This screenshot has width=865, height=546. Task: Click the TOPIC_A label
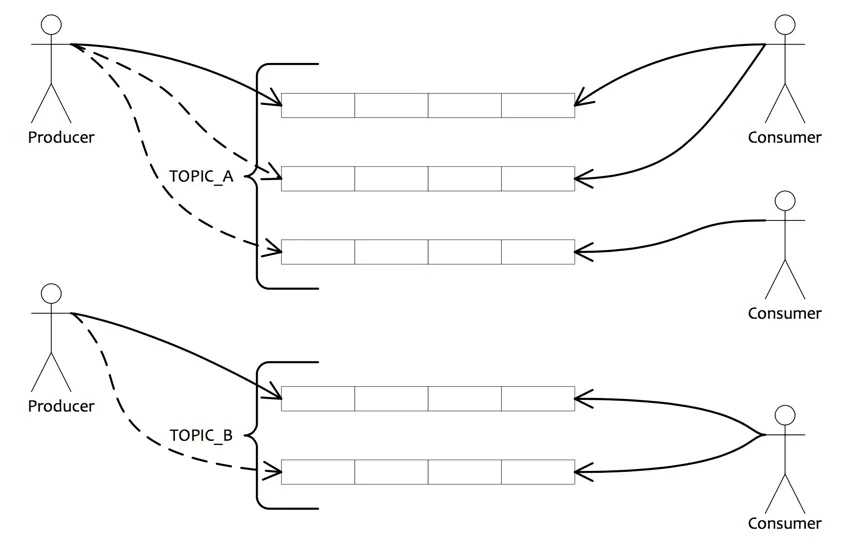tap(201, 178)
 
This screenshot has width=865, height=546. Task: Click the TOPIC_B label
tap(201, 435)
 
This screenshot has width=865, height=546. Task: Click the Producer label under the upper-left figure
tap(61, 137)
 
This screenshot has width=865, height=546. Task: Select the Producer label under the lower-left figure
tap(61, 406)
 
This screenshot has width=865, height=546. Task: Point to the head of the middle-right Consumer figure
tap(785, 201)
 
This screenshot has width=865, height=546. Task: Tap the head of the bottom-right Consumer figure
tap(785, 415)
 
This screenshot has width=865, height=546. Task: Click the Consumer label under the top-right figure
tap(785, 137)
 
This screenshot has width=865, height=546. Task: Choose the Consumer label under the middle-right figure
tap(785, 313)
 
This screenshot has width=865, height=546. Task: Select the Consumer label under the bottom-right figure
tap(785, 523)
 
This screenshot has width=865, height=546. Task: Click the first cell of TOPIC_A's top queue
tap(318, 105)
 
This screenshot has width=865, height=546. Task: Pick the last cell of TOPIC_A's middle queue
tap(538, 179)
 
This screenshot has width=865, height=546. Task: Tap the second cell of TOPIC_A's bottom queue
tap(391, 252)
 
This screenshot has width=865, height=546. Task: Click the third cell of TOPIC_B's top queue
tap(465, 398)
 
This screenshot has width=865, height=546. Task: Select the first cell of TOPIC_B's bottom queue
tap(318, 471)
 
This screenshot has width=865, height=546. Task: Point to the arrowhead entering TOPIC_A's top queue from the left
tap(274, 102)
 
